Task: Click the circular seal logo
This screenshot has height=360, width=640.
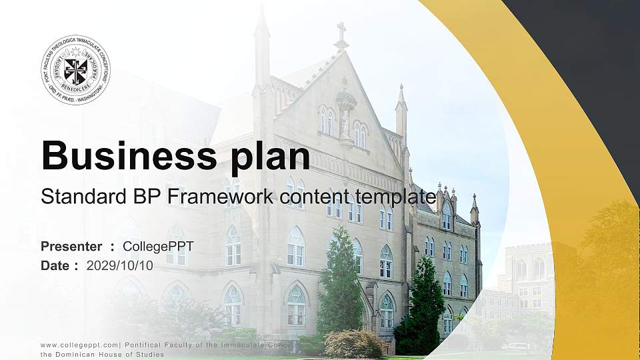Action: tap(75, 70)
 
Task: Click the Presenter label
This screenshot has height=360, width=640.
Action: tap(71, 247)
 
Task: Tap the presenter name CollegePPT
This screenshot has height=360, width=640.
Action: tap(161, 247)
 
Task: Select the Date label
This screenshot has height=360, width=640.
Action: tap(55, 265)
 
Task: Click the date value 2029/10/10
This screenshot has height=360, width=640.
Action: tap(120, 265)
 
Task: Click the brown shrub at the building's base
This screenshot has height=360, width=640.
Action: tap(353, 344)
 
